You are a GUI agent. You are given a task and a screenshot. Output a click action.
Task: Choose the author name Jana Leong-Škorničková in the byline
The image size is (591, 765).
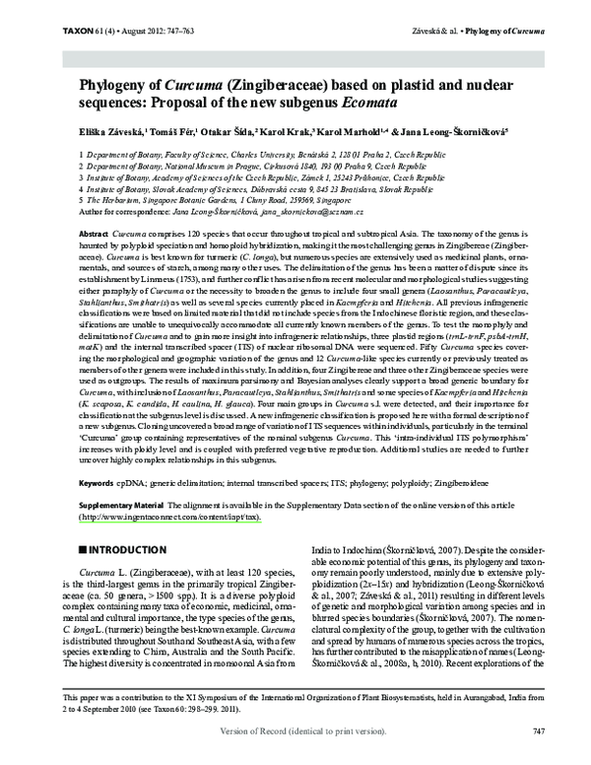[463, 131]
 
